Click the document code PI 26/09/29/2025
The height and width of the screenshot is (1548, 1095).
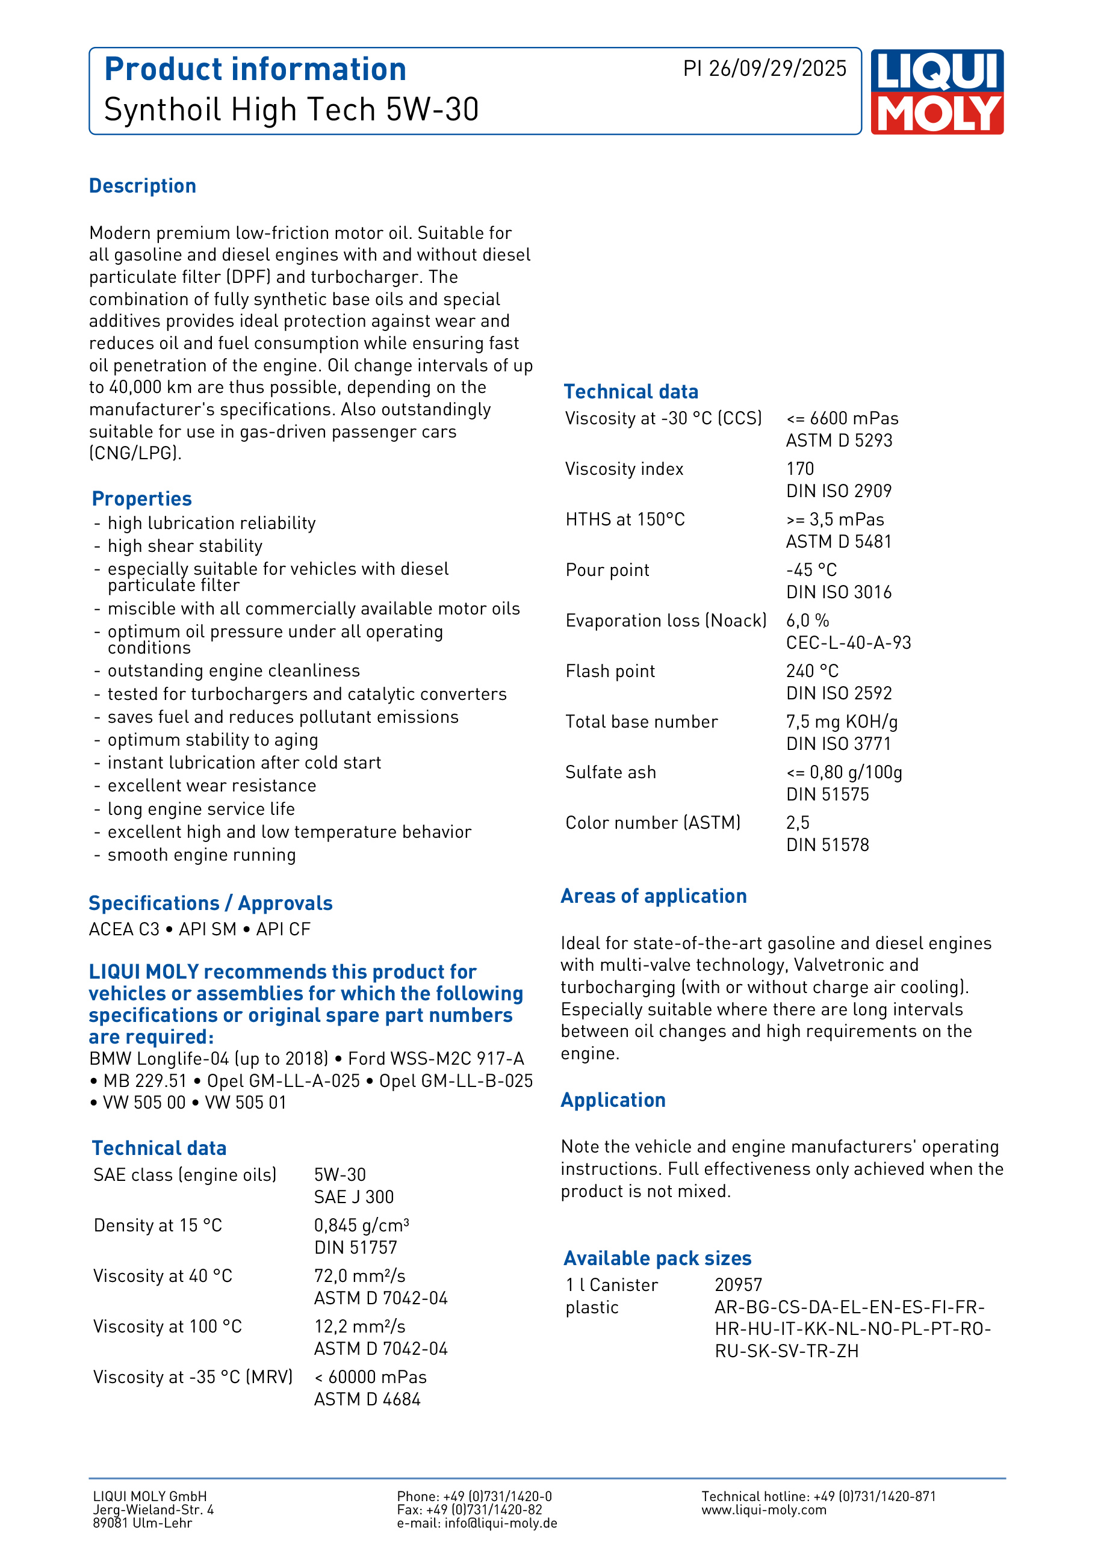click(764, 69)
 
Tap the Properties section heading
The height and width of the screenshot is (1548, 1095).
click(141, 499)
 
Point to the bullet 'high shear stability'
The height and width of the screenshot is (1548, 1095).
click(185, 546)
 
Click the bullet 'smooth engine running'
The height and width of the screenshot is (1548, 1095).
click(202, 855)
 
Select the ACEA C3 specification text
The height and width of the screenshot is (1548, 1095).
click(124, 929)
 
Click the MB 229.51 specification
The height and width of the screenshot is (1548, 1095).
click(144, 1081)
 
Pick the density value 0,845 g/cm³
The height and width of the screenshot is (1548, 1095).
click(361, 1225)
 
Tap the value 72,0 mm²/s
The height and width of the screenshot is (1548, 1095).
click(359, 1275)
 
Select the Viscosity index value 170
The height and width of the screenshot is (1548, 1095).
click(799, 469)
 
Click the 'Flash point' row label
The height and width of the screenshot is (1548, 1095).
click(610, 671)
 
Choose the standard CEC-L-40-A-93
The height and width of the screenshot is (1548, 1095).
click(848, 643)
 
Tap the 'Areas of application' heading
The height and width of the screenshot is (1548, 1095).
click(653, 896)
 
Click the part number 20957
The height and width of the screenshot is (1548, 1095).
click(738, 1285)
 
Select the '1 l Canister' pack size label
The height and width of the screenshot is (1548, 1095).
click(612, 1285)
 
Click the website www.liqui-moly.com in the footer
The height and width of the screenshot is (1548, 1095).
click(763, 1509)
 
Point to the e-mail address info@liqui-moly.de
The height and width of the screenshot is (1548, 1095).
click(500, 1523)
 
